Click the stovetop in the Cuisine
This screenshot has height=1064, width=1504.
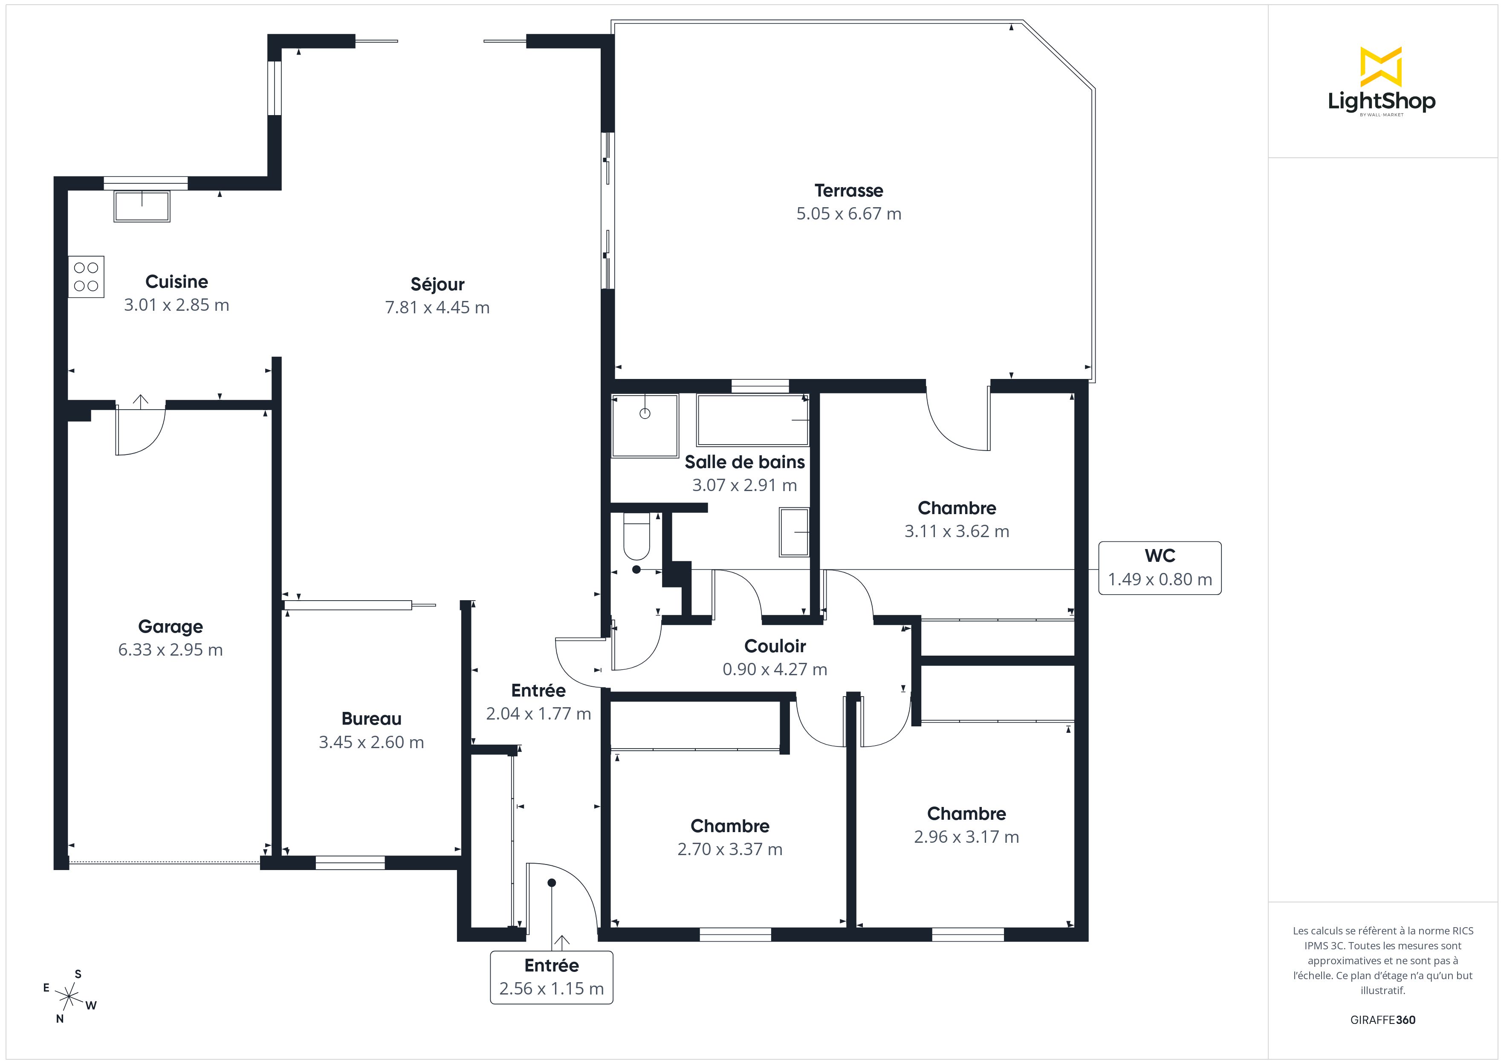tap(86, 277)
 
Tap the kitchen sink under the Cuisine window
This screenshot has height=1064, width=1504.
tap(142, 206)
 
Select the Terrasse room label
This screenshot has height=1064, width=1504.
tap(848, 191)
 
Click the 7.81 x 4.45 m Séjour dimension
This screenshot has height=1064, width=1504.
tap(437, 307)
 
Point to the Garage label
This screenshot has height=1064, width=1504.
tap(171, 626)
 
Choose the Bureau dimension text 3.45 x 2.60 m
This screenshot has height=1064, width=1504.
tap(371, 742)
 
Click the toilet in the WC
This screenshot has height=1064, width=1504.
tap(636, 535)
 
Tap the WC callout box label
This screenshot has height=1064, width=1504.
tap(1160, 555)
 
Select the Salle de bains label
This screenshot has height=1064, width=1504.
tap(745, 462)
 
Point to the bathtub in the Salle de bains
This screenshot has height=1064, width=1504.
tap(753, 420)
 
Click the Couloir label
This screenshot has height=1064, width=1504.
tap(775, 646)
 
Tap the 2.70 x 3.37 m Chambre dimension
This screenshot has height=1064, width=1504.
tap(730, 849)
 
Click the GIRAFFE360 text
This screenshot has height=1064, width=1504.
tap(1383, 1019)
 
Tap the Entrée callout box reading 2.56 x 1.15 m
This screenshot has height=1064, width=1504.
tap(552, 977)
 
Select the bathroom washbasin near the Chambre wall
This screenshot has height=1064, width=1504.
tap(794, 532)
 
